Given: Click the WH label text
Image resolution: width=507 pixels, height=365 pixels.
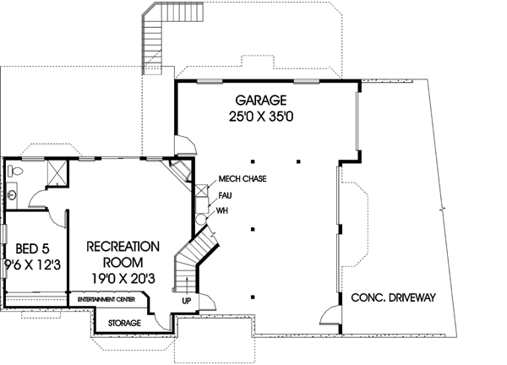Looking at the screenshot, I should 223,210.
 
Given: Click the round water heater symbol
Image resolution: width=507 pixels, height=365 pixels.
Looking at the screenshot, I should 201,218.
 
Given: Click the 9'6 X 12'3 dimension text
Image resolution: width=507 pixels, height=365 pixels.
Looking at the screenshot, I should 30,264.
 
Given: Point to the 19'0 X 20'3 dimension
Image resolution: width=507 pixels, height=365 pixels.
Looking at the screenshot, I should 123,279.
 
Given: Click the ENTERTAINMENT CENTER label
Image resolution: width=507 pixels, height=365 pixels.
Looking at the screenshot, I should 109,300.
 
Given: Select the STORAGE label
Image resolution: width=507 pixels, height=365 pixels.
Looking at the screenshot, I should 123,323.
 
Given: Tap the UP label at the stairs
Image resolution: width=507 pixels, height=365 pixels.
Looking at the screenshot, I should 186,299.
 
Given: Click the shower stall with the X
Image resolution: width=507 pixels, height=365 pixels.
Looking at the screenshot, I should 57,172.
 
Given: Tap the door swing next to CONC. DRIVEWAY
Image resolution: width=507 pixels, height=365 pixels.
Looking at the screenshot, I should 331,319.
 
